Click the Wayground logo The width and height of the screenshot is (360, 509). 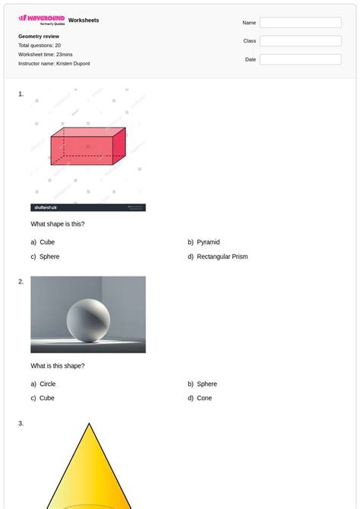[42, 20]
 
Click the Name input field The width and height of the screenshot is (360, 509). [300, 23]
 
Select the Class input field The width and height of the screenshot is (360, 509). [300, 41]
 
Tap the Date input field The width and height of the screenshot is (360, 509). [300, 59]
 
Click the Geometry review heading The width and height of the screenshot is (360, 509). [39, 36]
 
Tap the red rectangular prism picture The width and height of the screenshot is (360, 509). [87, 146]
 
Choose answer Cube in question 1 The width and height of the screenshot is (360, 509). [47, 242]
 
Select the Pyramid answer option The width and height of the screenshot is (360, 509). [208, 242]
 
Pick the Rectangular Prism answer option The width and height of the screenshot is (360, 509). [222, 257]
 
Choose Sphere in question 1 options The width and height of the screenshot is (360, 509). [49, 257]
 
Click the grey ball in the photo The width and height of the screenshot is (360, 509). [88, 319]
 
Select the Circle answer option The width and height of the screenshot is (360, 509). [48, 384]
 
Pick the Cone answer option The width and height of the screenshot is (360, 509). [204, 398]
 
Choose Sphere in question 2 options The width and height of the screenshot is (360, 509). [207, 384]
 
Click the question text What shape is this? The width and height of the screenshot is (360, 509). [58, 224]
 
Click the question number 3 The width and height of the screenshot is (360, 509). [21, 423]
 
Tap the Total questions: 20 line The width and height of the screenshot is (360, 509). [39, 46]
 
